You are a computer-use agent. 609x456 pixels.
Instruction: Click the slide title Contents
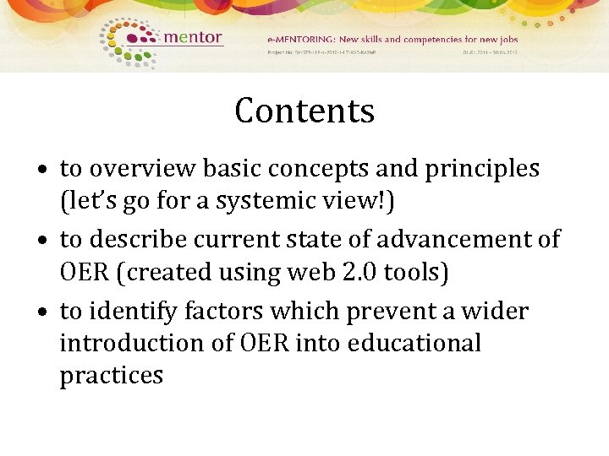click(x=304, y=111)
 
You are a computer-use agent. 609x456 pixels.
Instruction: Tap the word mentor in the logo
click(x=192, y=37)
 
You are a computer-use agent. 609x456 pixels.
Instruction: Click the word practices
click(x=111, y=376)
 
